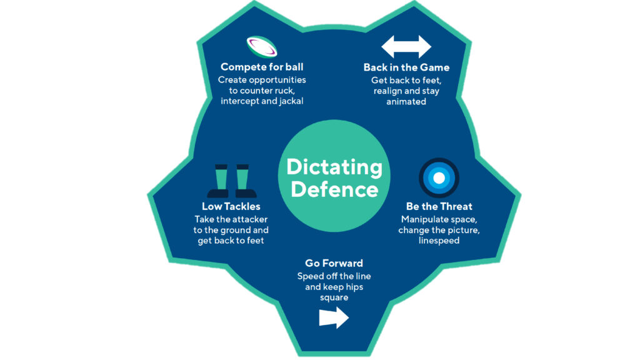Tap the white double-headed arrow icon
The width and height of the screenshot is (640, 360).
tap(406, 47)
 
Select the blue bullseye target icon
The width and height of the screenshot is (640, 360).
tap(439, 178)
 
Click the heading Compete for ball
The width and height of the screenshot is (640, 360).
tap(262, 67)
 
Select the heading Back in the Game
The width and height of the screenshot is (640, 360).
tap(406, 67)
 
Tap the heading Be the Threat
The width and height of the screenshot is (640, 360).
tap(439, 206)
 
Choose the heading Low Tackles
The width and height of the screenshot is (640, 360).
tap(231, 206)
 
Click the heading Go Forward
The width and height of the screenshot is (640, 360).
tap(334, 263)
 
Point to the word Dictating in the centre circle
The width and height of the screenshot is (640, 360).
tap(334, 167)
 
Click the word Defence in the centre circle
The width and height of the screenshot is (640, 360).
tap(334, 189)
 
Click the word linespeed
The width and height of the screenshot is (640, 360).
tap(439, 241)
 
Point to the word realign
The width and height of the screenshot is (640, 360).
tap(387, 91)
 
